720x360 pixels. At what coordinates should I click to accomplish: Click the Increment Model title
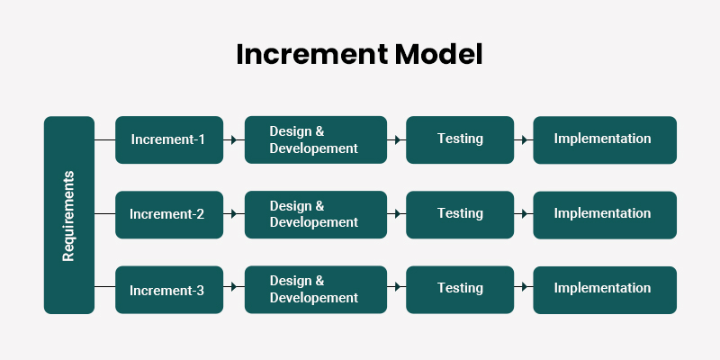pyautogui.click(x=359, y=54)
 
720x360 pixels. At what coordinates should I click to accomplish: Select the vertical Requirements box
pyautogui.click(x=68, y=214)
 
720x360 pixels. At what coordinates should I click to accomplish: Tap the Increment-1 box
pyautogui.click(x=169, y=139)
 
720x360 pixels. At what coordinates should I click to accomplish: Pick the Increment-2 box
pyautogui.click(x=169, y=214)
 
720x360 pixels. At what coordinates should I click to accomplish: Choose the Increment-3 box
pyautogui.click(x=169, y=290)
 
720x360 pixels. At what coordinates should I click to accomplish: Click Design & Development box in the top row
pyautogui.click(x=316, y=139)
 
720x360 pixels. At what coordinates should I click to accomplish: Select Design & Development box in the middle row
pyautogui.click(x=316, y=214)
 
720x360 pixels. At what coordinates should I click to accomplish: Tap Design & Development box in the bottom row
pyautogui.click(x=316, y=290)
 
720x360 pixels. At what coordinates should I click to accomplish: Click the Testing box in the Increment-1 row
pyautogui.click(x=460, y=139)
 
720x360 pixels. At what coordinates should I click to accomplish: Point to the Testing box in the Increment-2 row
pyautogui.click(x=460, y=214)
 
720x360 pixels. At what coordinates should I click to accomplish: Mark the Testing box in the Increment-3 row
pyautogui.click(x=460, y=290)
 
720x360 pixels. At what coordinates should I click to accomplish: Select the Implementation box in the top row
pyautogui.click(x=605, y=139)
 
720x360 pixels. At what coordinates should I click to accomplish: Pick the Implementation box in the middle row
pyautogui.click(x=605, y=214)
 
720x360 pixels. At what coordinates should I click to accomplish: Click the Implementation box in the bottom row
pyautogui.click(x=605, y=290)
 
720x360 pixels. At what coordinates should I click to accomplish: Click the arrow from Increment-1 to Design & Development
pyautogui.click(x=234, y=139)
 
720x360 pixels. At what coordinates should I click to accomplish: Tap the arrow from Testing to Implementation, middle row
pyautogui.click(x=523, y=214)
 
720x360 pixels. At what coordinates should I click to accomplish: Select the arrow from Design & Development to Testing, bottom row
pyautogui.click(x=396, y=287)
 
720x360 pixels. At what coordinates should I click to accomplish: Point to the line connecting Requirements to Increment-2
pyautogui.click(x=104, y=214)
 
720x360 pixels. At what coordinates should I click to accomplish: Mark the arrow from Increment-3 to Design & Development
pyautogui.click(x=234, y=287)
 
